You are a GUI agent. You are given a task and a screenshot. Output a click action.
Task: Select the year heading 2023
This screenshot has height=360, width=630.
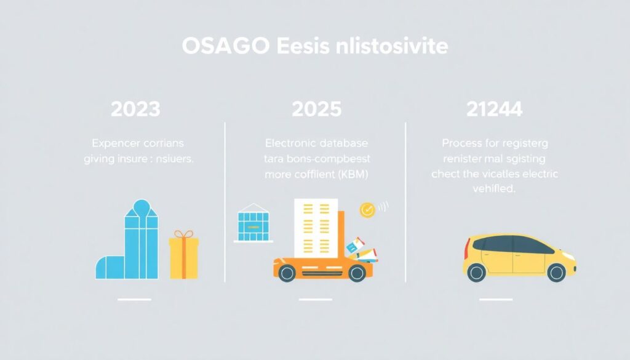click(135, 110)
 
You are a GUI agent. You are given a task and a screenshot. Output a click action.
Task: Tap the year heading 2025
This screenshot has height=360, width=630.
click(316, 110)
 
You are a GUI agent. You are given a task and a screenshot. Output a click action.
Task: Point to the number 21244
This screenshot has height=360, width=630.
click(495, 110)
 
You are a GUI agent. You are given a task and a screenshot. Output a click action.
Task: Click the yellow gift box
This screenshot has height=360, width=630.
click(183, 258)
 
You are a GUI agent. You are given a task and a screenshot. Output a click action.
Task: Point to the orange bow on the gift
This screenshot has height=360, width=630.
click(183, 234)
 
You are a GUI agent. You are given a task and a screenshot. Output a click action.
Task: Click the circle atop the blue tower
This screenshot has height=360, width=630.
click(141, 207)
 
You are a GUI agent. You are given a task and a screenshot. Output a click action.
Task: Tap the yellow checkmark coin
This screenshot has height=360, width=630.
click(367, 210)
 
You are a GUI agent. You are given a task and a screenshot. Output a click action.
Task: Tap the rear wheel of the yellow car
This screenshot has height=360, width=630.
click(476, 273)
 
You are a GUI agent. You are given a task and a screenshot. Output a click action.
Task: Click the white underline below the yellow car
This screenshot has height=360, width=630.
click(496, 300)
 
